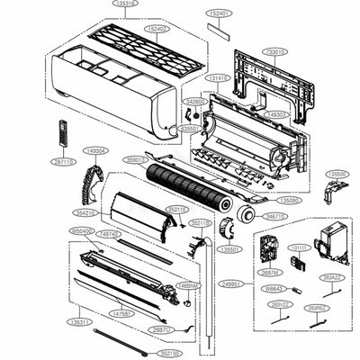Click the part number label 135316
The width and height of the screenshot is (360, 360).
tap(126, 4)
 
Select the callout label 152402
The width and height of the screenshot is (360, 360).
tap(158, 28)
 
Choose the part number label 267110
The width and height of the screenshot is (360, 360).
tap(63, 163)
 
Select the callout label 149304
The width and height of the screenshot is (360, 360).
tap(94, 150)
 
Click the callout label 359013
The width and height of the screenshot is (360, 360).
tap(137, 159)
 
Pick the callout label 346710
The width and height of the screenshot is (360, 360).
tap(275, 217)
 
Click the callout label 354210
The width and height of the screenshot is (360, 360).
tap(85, 212)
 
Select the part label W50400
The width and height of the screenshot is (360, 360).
tap(81, 231)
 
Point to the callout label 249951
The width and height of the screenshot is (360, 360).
tap(231, 283)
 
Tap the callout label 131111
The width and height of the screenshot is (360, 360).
tap(300, 247)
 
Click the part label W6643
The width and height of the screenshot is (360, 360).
tap(272, 288)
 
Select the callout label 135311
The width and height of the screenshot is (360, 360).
tap(80, 320)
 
